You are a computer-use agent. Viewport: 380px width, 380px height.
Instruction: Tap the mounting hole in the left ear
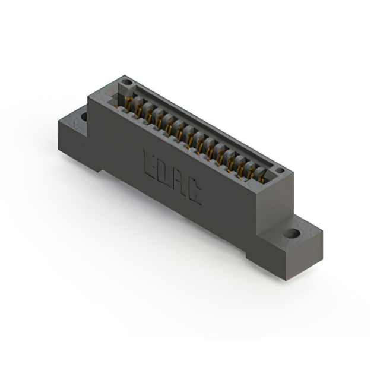pyautogui.click(x=84, y=117)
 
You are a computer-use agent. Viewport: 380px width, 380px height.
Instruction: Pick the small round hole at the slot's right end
pyautogui.click(x=280, y=170)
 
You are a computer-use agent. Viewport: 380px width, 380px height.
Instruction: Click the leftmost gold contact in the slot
pyautogui.click(x=129, y=103)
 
